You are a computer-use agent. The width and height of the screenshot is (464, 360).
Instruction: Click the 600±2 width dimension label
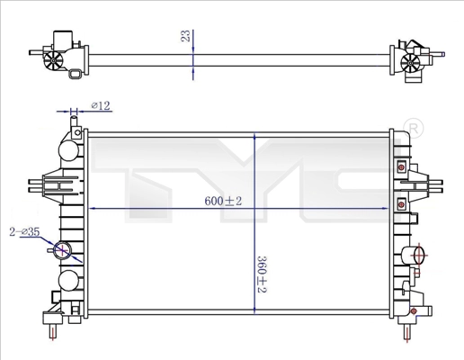(223, 201)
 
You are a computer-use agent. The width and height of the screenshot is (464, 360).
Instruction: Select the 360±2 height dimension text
(262, 274)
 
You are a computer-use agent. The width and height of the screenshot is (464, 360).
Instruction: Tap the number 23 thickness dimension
(186, 36)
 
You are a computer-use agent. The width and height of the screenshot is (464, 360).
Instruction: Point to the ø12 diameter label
(101, 105)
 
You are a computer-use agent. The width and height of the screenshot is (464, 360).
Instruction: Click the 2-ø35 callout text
(24, 231)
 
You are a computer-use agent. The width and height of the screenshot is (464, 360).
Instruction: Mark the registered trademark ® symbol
(414, 128)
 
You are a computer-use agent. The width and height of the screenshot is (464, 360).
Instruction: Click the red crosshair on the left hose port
(61, 249)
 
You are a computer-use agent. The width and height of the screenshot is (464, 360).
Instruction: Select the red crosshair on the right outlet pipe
(419, 256)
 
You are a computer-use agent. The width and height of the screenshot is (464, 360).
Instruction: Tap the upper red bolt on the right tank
(401, 167)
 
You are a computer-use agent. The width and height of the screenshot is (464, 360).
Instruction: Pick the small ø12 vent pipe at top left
(74, 123)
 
